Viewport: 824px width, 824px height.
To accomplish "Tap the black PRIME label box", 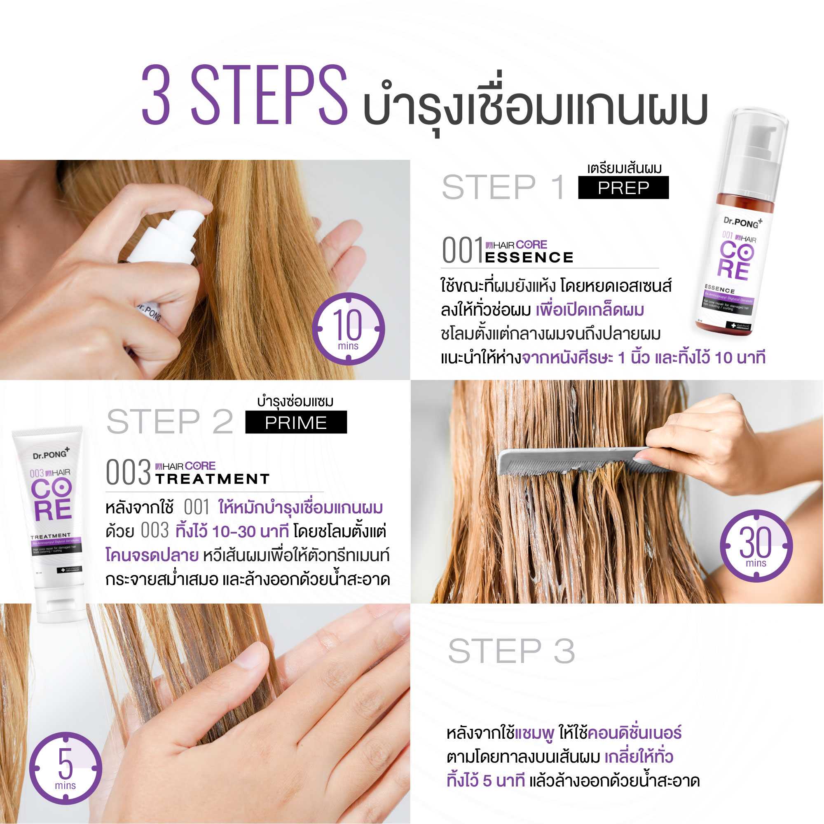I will (296, 422).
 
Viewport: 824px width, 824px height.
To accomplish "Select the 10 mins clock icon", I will (348, 329).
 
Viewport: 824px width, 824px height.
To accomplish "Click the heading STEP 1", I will (503, 187).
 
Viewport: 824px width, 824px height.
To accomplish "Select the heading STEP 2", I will (170, 422).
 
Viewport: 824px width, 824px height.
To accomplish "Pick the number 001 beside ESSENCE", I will (462, 250).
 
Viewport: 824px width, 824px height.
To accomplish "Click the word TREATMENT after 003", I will (213, 479).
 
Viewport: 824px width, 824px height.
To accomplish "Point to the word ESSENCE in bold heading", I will (529, 257).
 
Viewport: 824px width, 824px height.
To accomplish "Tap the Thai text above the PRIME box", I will (295, 402).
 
